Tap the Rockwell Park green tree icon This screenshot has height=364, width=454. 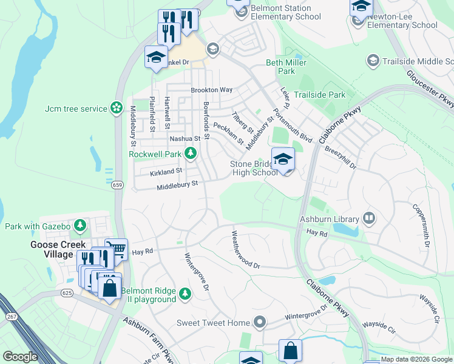(191, 154)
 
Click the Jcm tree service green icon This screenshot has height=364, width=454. (116, 109)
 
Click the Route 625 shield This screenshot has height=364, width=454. (66, 293)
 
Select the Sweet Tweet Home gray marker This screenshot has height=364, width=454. (260, 322)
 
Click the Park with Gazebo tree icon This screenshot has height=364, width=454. (80, 226)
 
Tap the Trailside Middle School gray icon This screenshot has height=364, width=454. (373, 61)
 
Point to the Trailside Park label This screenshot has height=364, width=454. (319, 95)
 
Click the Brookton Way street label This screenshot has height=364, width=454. (212, 90)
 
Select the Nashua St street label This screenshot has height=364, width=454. (185, 139)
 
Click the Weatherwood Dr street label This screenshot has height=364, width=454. (245, 250)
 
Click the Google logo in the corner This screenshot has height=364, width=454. (20, 357)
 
